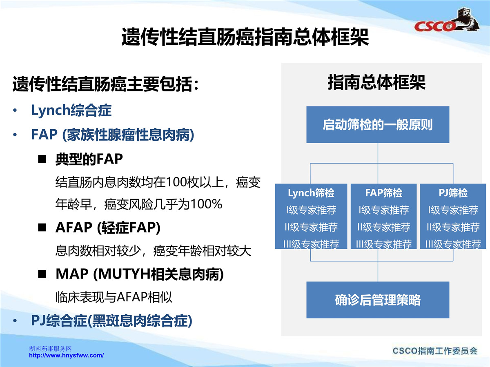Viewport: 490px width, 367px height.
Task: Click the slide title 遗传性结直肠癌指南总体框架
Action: (245, 37)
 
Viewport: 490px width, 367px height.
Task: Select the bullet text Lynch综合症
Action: (71, 110)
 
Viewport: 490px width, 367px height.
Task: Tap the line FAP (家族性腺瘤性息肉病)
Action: (113, 135)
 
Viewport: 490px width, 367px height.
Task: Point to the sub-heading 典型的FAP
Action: (89, 159)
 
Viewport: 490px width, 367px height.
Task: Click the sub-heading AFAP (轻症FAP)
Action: (108, 228)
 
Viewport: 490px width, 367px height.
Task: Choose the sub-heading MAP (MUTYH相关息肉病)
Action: (140, 274)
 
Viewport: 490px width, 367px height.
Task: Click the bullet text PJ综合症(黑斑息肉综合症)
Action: (111, 321)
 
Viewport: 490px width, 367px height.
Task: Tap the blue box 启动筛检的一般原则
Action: (378, 124)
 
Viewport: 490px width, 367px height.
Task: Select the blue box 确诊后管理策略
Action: (378, 300)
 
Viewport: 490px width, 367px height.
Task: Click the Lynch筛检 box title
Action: (311, 193)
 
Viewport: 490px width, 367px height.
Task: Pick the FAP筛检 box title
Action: (383, 193)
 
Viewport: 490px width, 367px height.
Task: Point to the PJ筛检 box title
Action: (453, 193)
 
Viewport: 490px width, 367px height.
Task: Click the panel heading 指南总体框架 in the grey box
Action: (376, 82)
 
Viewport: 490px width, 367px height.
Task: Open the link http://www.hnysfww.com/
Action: (66, 355)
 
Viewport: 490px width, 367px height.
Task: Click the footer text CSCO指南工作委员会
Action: (435, 351)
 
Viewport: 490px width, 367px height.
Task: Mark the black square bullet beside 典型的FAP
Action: (42, 159)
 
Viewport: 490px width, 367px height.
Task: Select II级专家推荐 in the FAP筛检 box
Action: (383, 227)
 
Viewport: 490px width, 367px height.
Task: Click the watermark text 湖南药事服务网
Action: (50, 349)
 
